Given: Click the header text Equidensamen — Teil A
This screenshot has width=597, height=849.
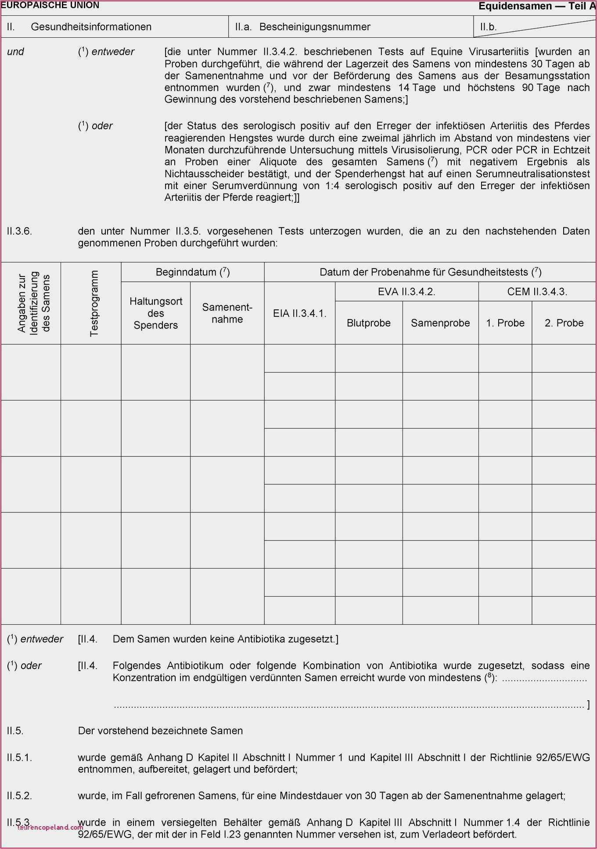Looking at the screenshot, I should pos(537,6).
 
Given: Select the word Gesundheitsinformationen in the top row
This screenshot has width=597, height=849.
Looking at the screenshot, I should pos(91,27).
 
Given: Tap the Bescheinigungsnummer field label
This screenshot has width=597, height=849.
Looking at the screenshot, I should pos(315,27).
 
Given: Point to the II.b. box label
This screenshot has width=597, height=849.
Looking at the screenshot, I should pos(488,27).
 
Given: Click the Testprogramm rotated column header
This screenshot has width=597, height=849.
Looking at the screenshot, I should pos(94,303).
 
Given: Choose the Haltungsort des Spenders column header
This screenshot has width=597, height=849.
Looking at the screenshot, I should pos(156,313).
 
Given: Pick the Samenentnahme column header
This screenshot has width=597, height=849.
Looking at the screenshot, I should pos(227,313).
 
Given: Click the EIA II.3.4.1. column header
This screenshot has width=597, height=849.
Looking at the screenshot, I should pos(300,313).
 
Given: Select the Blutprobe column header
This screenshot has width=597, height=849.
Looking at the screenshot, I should pos(369,323).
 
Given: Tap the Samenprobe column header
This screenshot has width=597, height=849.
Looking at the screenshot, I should pos(440,323).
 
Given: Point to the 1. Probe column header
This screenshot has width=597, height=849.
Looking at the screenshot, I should pos(505,323).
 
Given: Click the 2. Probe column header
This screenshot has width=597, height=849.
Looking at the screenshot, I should pos(564,323).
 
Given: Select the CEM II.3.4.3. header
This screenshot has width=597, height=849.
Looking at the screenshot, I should pos(537,292).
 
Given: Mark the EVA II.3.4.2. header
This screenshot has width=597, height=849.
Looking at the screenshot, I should pos(406,292).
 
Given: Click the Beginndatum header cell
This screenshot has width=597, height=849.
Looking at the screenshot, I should pos(193,272).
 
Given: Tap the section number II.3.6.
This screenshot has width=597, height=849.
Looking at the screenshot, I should pos(19,231).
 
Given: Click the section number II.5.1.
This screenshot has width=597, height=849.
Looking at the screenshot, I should pos(19,757).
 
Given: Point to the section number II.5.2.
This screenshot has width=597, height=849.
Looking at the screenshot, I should pos(19,795).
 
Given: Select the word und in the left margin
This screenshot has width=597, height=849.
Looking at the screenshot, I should pos(16,52).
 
